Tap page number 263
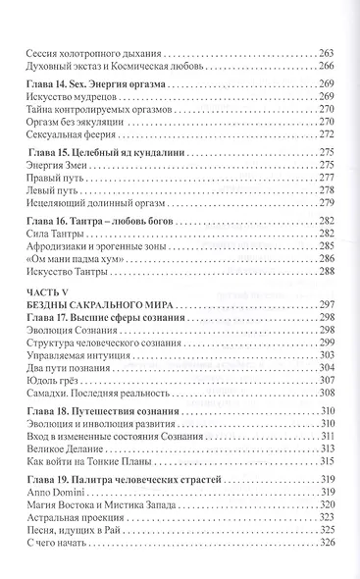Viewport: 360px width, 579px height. (327, 51)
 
